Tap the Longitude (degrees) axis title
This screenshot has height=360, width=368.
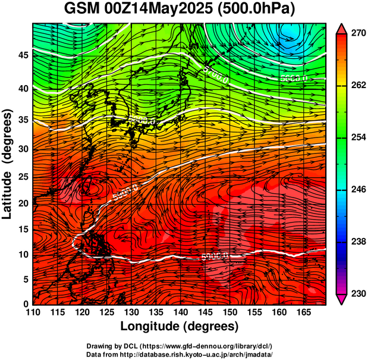pos(179,326)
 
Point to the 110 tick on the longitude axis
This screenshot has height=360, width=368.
pos(33,312)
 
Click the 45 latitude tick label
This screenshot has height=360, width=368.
pos(23,55)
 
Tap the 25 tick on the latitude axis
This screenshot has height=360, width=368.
pos(23,178)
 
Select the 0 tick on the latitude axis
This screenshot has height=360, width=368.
pos(26,304)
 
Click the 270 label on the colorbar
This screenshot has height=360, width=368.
pos(358,34)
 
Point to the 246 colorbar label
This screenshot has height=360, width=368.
pos(358,190)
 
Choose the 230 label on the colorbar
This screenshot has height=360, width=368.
pos(358,293)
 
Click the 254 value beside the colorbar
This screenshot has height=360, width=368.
pos(358,138)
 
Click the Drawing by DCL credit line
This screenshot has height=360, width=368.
pos(179,346)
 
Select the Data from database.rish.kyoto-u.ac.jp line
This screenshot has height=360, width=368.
pos(179,354)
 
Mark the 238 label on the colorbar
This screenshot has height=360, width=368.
pos(358,242)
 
